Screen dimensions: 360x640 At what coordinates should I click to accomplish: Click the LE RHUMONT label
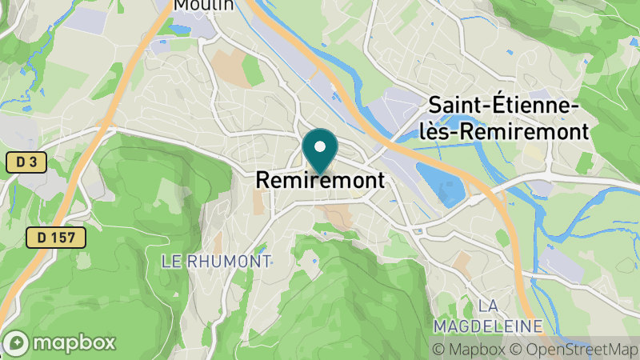[x=216, y=261]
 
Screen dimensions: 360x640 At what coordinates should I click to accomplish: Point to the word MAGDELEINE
[x=488, y=326]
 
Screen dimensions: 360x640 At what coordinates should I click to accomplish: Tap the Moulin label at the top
[x=204, y=6]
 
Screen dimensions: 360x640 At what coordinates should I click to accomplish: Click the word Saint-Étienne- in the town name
[x=504, y=106]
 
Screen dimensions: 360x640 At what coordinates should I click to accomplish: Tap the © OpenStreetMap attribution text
[x=574, y=349]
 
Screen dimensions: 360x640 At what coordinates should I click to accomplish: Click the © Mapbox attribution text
[x=469, y=349]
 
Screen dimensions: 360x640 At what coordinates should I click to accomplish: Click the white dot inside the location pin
[x=320, y=147]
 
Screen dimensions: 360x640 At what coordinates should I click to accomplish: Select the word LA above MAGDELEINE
[x=488, y=306]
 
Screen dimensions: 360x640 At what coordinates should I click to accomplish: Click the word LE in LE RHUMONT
[x=170, y=261]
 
